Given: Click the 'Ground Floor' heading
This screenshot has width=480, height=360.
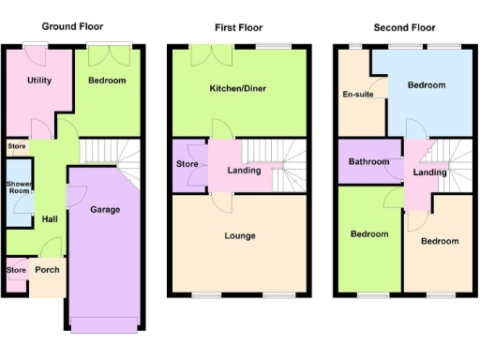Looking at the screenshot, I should tap(72, 27).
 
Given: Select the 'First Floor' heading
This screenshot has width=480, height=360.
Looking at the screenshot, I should tap(238, 27).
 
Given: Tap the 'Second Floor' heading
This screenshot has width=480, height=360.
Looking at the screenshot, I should tap(404, 27).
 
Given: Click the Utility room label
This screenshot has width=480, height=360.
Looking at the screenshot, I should tap(39, 81).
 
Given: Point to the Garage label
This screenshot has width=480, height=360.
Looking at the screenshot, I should tap(105, 210).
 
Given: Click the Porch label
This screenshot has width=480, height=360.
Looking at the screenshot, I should tap(47, 270).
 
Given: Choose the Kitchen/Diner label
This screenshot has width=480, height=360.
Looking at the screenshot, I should tap(238, 90).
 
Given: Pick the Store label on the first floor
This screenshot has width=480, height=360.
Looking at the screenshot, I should tap(187, 166).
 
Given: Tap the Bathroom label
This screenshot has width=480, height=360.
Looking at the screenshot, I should tap(368, 162).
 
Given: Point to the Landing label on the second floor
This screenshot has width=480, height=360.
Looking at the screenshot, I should tap(429, 172).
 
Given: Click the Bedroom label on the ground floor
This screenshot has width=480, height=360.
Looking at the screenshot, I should tap(107, 82).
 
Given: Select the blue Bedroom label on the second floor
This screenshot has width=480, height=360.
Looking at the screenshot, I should tap(427, 85).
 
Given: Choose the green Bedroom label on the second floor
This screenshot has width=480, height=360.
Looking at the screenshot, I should tap(368, 234).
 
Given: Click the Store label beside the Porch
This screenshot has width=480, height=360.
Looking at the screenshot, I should tap(16, 271).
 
